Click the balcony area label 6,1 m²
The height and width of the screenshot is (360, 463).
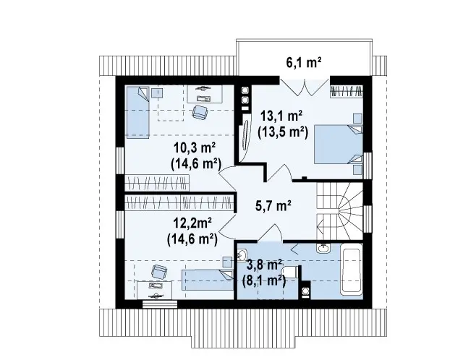point(303,63)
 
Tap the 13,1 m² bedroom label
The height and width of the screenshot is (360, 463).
point(281,116)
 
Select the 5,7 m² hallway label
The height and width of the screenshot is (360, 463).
point(273,206)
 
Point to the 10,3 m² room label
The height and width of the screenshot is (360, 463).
point(195,147)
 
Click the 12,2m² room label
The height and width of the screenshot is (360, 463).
point(192,223)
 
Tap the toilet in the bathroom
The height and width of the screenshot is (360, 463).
point(291,272)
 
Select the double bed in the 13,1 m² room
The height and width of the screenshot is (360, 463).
point(338,144)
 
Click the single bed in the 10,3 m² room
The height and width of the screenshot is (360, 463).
point(137,112)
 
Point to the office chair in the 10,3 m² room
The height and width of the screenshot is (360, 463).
point(200,112)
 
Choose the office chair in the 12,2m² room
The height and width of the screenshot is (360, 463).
point(159,272)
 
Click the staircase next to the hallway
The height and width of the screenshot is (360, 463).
point(339,211)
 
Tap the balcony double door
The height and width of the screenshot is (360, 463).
point(304,87)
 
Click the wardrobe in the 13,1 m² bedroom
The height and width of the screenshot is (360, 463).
point(347,91)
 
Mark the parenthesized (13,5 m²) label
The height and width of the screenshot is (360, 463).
point(283,132)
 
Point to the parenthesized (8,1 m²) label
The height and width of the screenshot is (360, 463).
point(263,280)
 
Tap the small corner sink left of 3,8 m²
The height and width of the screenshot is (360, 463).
point(242,254)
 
